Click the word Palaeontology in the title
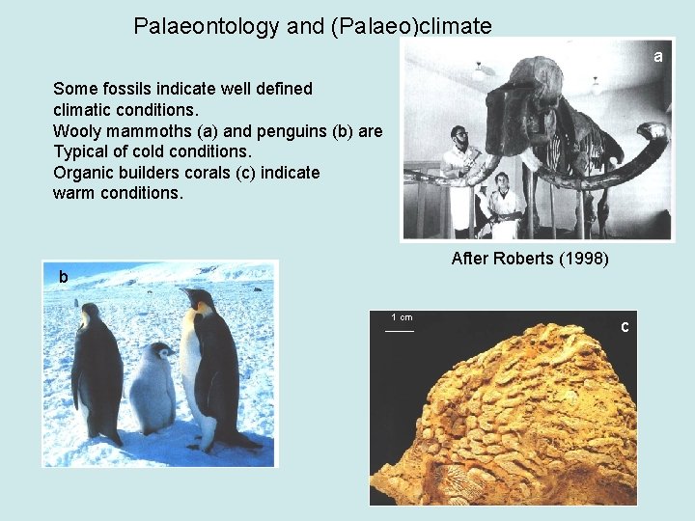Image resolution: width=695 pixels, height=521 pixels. point(207,26)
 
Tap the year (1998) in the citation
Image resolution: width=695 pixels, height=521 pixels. point(584,259)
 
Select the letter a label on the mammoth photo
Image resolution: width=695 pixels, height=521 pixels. point(657,57)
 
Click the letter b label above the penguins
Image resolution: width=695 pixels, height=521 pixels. point(63,278)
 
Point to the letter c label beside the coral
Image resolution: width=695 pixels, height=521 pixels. point(625,327)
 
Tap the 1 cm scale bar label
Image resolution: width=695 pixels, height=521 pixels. point(401,317)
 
